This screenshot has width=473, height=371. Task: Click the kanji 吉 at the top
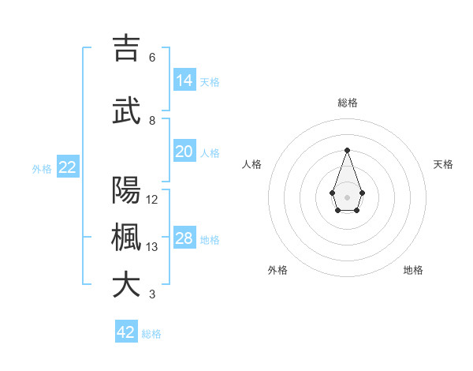pos(126,48)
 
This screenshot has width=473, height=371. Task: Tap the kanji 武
pos(126,111)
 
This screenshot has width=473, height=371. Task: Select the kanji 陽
pos(126,190)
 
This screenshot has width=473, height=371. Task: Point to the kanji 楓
pos(126,238)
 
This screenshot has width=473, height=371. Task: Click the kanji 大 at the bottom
pos(126,285)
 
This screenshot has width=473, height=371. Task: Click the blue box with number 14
pos(184,81)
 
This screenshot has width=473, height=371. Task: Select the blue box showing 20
pos(184,152)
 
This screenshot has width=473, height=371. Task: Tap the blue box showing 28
pos(184,238)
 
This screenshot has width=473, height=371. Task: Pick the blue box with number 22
pos(68,167)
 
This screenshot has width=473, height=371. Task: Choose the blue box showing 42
pos(126,332)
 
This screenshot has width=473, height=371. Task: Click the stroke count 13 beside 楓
pos(152,247)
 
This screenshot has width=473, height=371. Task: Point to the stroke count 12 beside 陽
pos(152,200)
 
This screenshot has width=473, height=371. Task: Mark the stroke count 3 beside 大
pos(152,294)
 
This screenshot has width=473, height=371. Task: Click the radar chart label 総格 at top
pos(348,103)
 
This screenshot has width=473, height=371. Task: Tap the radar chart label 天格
pos(443,164)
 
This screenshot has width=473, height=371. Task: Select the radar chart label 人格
pos(252,164)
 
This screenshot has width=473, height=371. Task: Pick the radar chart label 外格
pos(277,270)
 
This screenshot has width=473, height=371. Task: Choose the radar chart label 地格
pos(413,270)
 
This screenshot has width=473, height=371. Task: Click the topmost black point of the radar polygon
pos(347,150)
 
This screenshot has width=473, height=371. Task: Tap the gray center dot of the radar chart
pos(347,197)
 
